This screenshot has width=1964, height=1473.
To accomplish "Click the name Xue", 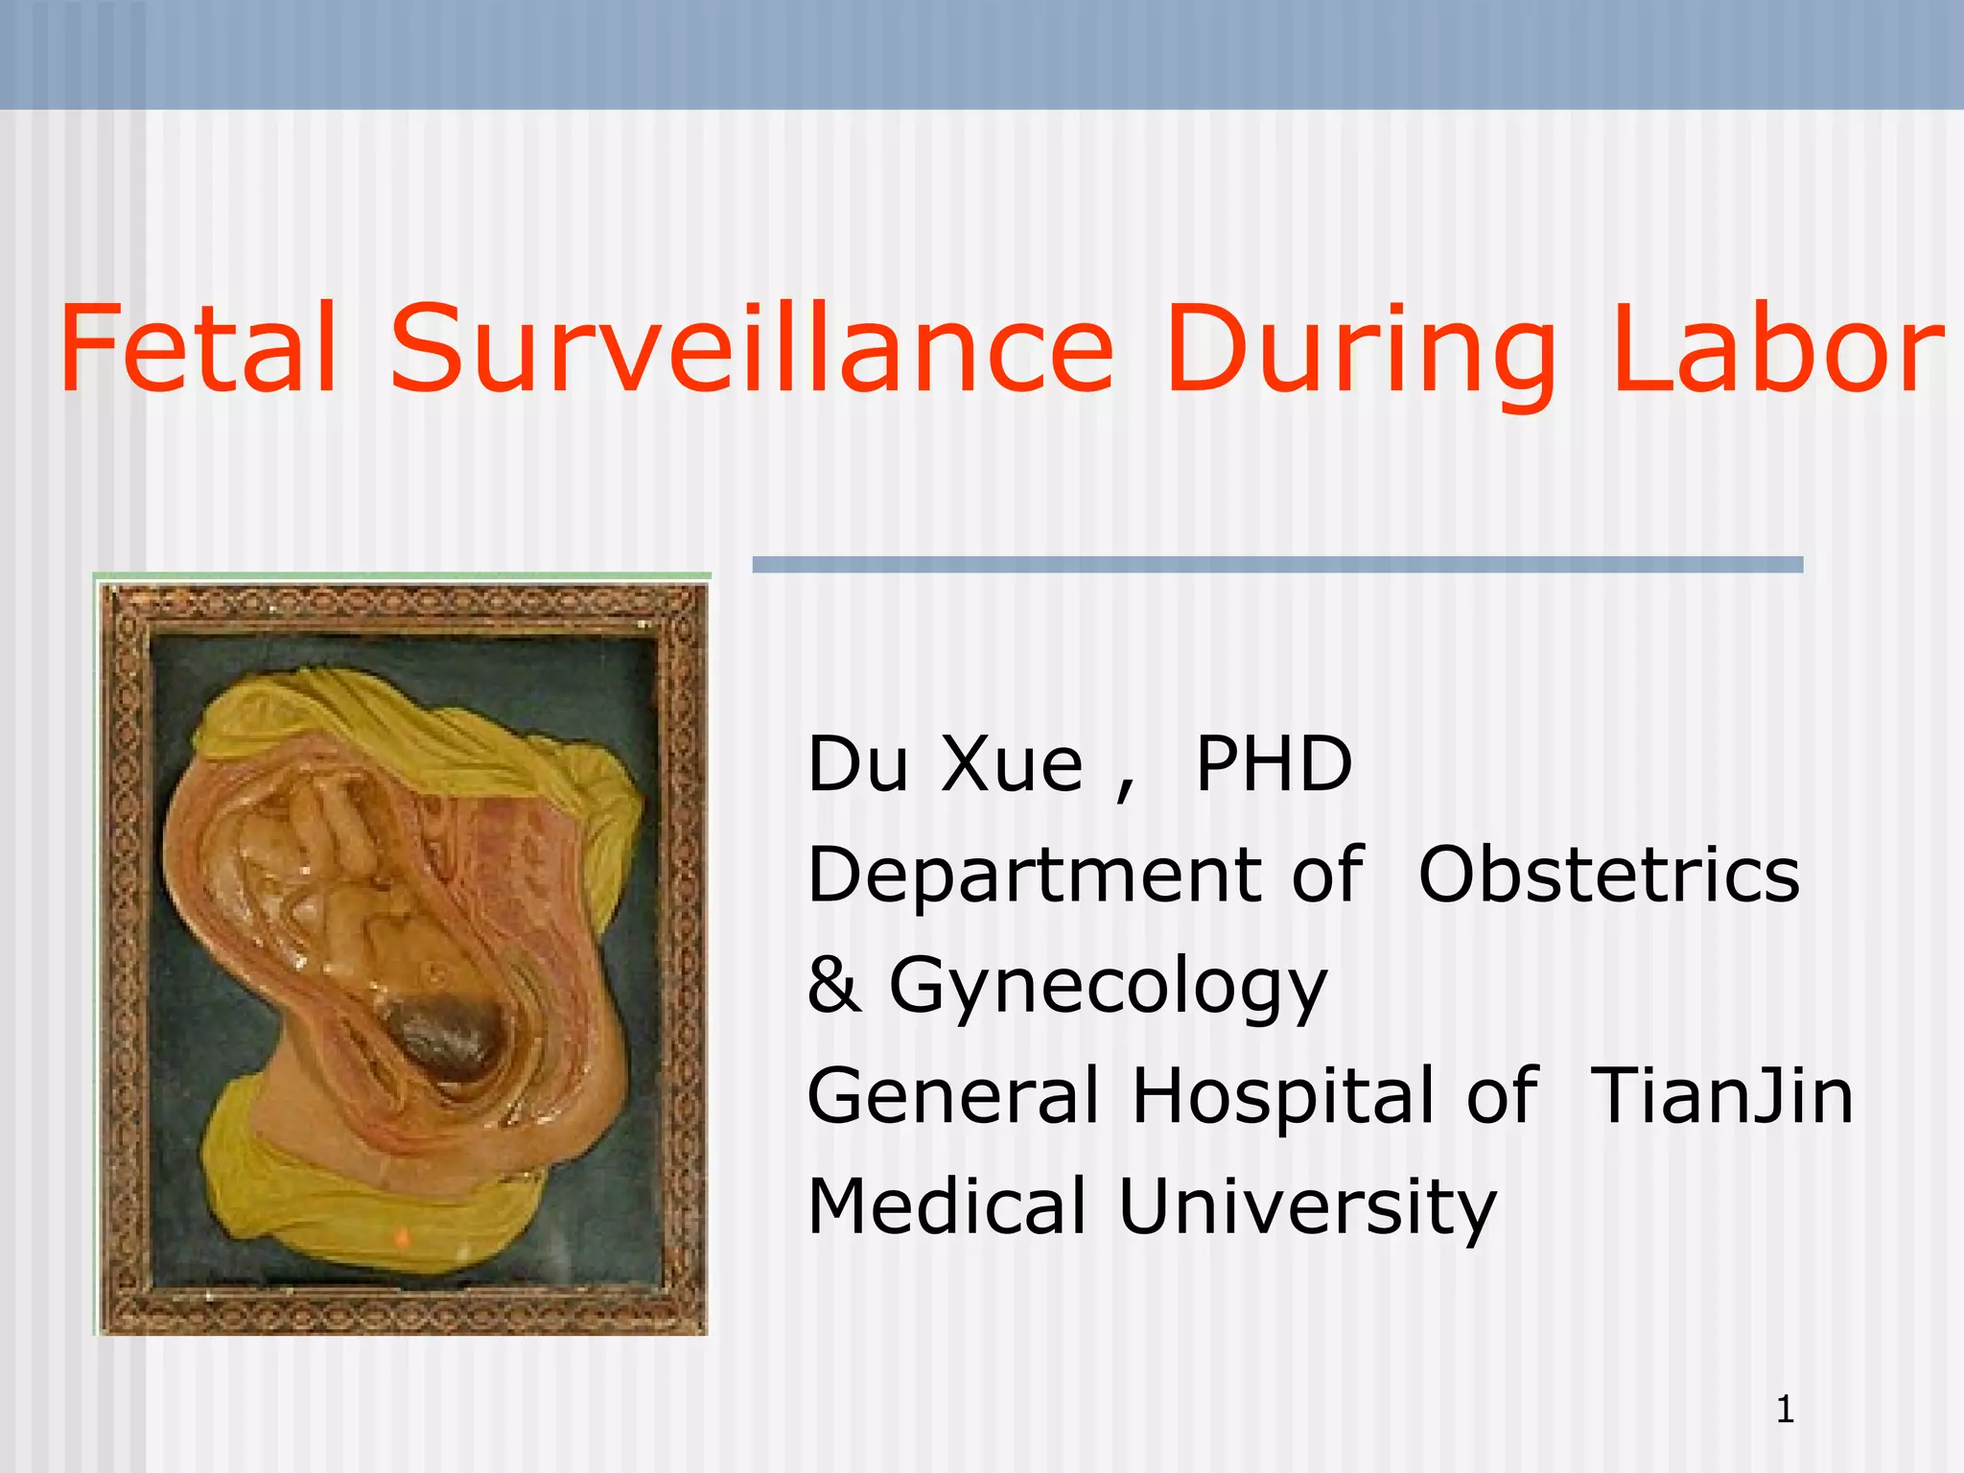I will pyautogui.click(x=1012, y=764).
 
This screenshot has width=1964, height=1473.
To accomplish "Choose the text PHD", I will pyautogui.click(x=1274, y=764).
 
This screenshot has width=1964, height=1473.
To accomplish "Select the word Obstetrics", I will pyautogui.click(x=1608, y=875).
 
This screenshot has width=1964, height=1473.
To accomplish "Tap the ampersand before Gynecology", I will pyautogui.click(x=833, y=985).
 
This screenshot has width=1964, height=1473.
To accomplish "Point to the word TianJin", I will pyautogui.click(x=1721, y=1096).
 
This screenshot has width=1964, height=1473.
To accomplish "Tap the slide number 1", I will pyautogui.click(x=1785, y=1410).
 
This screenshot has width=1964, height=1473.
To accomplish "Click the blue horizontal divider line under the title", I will pyautogui.click(x=1276, y=565).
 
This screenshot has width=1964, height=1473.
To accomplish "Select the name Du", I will pyautogui.click(x=857, y=764).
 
